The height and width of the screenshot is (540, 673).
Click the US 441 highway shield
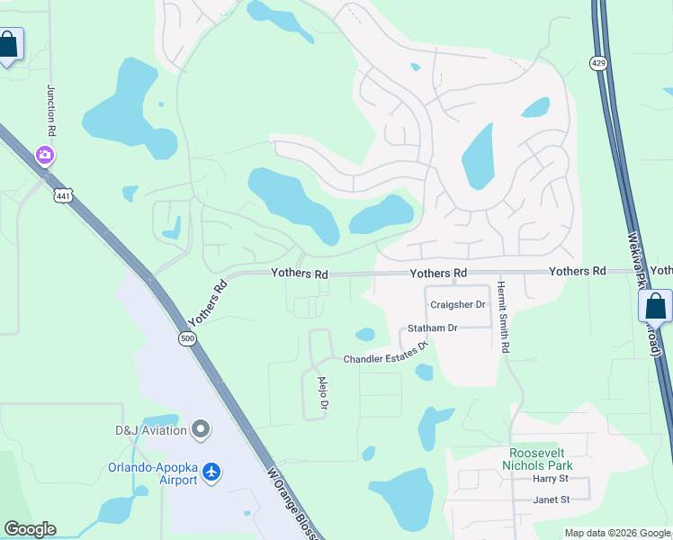pos(62,195)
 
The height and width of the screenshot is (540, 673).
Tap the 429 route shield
pos(598,62)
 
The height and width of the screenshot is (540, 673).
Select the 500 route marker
pos(186,338)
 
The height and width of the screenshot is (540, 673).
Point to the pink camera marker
pos(44,156)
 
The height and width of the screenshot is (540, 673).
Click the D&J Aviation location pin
pos(201,430)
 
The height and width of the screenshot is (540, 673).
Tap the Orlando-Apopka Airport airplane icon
pos(211,472)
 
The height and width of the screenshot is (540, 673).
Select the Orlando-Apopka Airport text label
pos(152,472)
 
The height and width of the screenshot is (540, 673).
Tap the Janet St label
pos(552,499)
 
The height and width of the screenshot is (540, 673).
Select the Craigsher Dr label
pos(458,305)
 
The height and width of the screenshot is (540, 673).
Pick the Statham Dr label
pos(433,328)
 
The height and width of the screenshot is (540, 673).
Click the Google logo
pos(30,529)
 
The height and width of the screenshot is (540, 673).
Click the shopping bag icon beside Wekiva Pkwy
pos(655,306)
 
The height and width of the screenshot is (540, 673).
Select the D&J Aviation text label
pos(150,430)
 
